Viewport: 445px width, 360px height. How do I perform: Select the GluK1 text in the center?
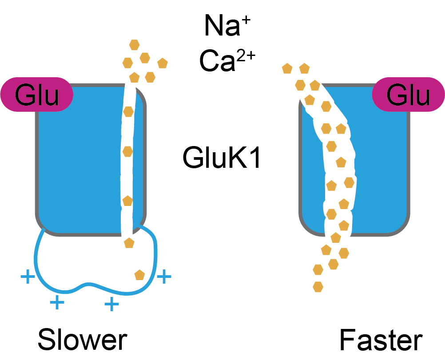point(221,158)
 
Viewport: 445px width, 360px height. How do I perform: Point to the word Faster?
point(381,341)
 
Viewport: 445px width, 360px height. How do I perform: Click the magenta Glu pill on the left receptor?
point(37,95)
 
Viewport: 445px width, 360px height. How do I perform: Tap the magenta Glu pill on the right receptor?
point(408,95)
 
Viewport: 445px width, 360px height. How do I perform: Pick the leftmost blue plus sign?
point(28,277)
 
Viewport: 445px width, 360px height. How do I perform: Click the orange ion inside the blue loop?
point(140,275)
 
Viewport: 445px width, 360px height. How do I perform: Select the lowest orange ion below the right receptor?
point(318,287)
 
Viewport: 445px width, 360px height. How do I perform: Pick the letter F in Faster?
point(348,341)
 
